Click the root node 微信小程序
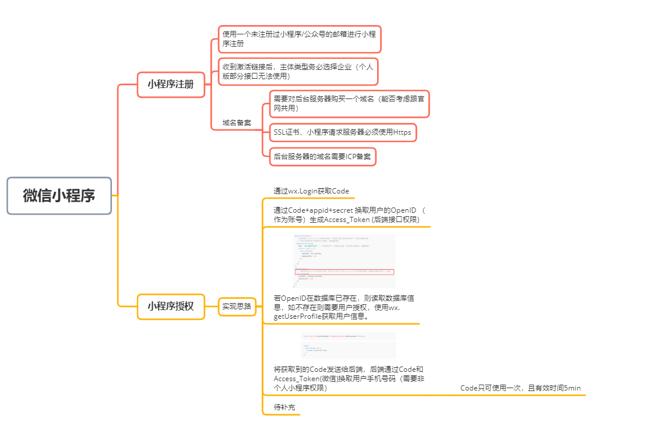pyautogui.click(x=59, y=196)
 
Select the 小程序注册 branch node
pyautogui.click(x=171, y=84)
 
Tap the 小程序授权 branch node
pyautogui.click(x=171, y=306)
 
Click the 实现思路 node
pyautogui.click(x=237, y=306)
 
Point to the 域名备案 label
pyautogui.click(x=237, y=123)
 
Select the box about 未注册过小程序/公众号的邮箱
pyautogui.click(x=300, y=38)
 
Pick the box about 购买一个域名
pyautogui.click(x=349, y=103)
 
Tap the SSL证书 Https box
pyautogui.click(x=343, y=132)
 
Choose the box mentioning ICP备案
pyautogui.click(x=322, y=156)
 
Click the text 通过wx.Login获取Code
pyautogui.click(x=311, y=191)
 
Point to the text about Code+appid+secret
pyautogui.click(x=350, y=214)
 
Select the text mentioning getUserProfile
pyautogui.click(x=344, y=307)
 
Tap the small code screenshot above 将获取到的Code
pyautogui.click(x=348, y=346)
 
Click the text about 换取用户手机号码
pyautogui.click(x=349, y=378)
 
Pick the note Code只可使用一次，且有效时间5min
pyautogui.click(x=520, y=388)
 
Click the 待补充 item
pyautogui.click(x=284, y=408)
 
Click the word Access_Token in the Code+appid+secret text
pyautogui.click(x=347, y=220)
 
